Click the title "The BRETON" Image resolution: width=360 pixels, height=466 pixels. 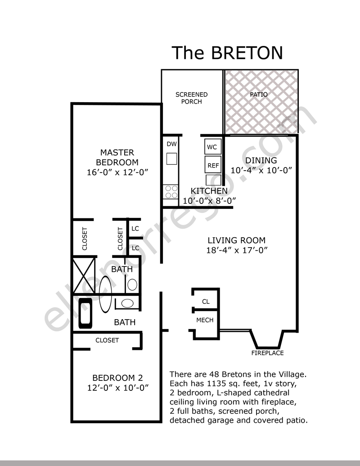(x=227, y=53)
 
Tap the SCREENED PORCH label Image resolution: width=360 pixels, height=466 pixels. (x=192, y=98)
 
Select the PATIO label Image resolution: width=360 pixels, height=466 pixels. (x=259, y=95)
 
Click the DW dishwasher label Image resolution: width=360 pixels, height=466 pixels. (x=172, y=144)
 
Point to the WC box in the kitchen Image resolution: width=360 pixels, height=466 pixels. (x=213, y=147)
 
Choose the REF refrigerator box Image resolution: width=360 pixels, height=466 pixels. (x=213, y=165)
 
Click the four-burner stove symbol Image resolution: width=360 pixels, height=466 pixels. (x=171, y=192)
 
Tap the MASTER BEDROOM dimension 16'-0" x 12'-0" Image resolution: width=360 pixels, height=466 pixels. (x=117, y=172)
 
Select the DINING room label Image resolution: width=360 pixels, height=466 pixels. (x=261, y=160)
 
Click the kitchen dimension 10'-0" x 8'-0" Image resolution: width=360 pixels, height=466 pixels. (x=209, y=201)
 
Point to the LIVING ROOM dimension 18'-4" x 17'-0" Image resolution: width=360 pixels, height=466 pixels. (x=237, y=250)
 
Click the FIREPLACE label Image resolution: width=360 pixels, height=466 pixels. (x=267, y=353)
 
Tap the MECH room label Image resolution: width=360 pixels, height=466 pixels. (x=205, y=320)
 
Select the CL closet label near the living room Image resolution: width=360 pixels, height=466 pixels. (x=206, y=302)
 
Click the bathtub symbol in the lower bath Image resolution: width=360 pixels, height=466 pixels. (x=85, y=313)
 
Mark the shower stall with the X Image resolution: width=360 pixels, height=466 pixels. (x=84, y=276)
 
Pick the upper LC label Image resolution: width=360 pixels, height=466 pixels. (x=135, y=229)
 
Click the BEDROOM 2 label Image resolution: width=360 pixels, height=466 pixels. (x=117, y=378)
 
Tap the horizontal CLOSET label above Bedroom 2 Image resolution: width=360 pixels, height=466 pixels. (x=107, y=340)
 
